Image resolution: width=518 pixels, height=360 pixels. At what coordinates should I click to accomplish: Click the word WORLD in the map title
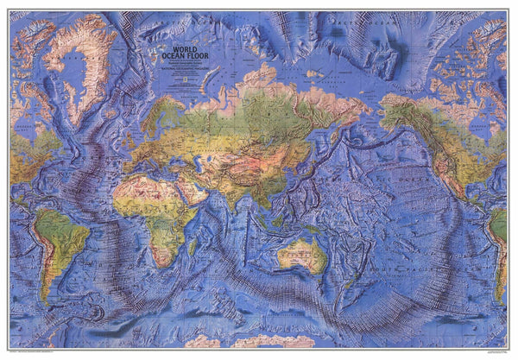click(184, 49)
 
